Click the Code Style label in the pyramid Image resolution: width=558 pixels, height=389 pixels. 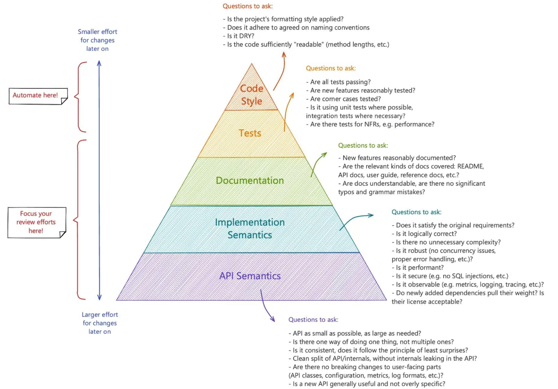point(252,95)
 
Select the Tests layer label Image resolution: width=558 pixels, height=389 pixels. point(250,133)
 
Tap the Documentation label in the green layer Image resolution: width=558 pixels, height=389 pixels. point(250,181)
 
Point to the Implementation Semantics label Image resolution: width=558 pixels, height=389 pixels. point(250,228)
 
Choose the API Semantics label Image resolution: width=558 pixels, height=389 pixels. point(250,276)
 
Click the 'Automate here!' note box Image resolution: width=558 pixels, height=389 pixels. point(38,95)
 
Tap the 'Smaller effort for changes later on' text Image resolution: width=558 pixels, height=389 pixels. point(97,40)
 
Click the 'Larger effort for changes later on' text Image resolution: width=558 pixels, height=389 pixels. point(100,323)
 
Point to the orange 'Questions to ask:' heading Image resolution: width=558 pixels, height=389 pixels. point(330,68)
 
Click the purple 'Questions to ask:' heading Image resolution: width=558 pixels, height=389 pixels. point(313,320)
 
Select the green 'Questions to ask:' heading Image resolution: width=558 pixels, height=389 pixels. point(363,145)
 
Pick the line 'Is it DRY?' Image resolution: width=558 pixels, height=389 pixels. point(240,36)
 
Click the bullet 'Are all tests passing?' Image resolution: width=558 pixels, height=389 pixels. point(338,82)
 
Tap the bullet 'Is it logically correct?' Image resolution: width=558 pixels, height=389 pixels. point(424,234)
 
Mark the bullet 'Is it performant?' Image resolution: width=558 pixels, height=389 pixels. point(417,267)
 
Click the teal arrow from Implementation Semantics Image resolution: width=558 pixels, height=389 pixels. point(357,218)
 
